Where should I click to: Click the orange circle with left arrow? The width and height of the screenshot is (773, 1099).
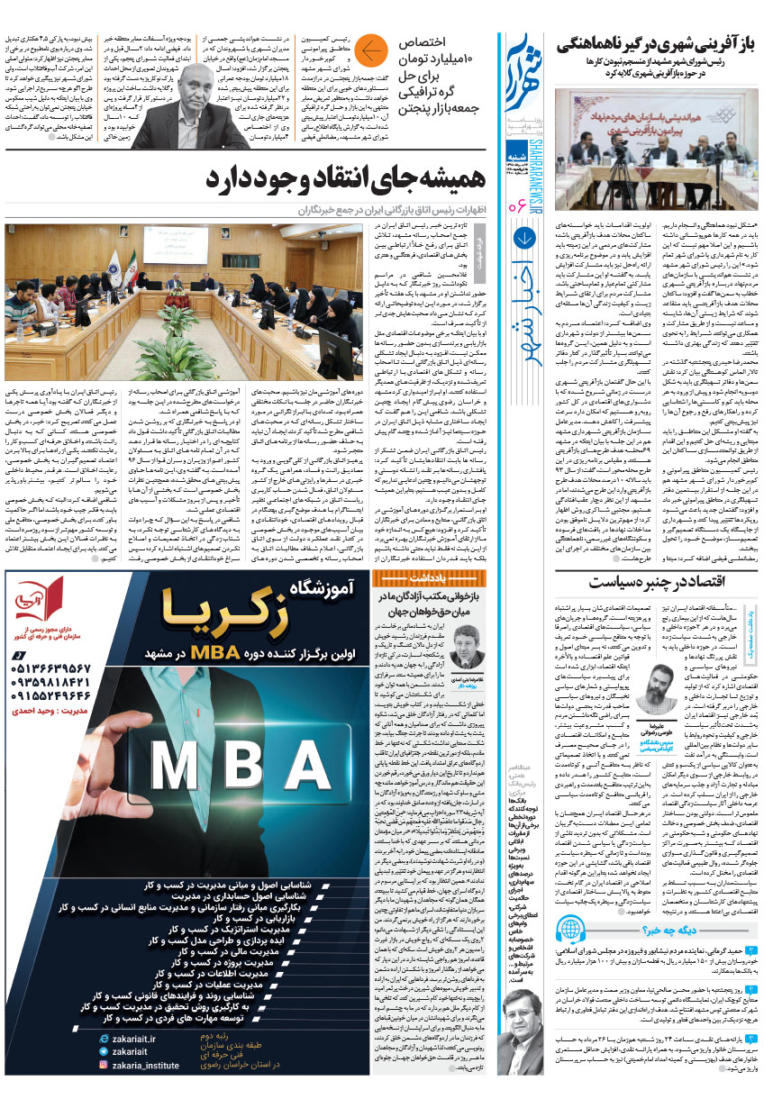click(370, 52)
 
